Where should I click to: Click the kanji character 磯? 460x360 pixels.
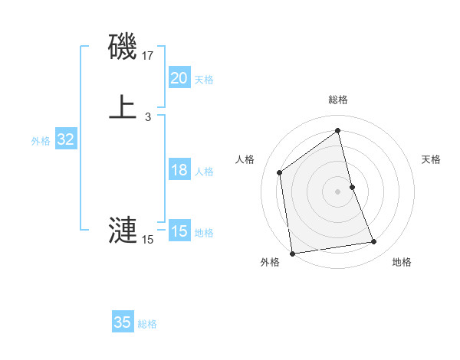click(123, 47)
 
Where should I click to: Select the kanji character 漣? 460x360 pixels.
click(123, 229)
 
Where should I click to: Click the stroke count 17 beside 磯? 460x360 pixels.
click(148, 56)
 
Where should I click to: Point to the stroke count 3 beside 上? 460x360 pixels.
click(148, 117)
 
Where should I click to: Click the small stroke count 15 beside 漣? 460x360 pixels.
click(148, 240)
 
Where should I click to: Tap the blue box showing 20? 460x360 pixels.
click(179, 78)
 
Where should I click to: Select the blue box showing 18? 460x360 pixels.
click(179, 170)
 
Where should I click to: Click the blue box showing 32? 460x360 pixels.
click(65, 139)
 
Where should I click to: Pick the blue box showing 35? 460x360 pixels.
click(123, 322)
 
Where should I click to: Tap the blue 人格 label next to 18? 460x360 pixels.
click(204, 172)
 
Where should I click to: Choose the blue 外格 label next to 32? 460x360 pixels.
click(41, 141)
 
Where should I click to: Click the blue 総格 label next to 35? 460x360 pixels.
click(147, 324)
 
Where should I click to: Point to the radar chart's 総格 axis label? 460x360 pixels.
click(338, 100)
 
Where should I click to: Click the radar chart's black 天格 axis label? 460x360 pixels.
click(431, 159)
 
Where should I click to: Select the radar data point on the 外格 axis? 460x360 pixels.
click(292, 253)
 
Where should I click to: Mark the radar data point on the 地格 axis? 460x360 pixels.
click(374, 242)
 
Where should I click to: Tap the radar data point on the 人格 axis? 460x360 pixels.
click(280, 172)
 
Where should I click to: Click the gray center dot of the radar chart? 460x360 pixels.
click(338, 191)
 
